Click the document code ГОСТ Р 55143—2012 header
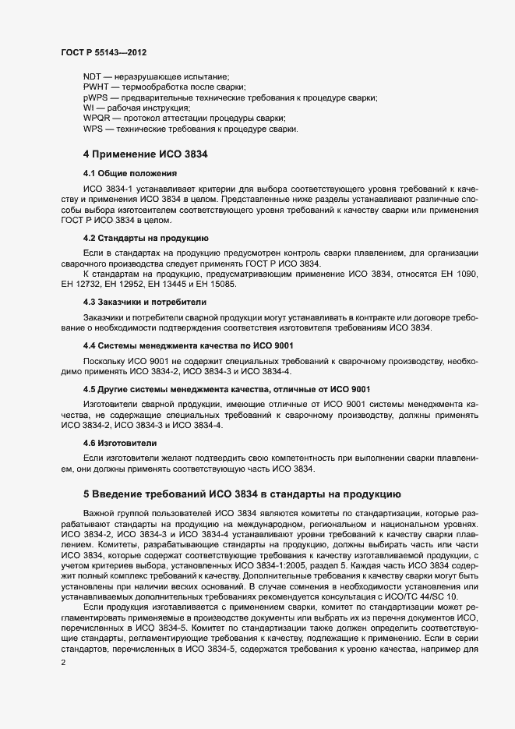click(104, 51)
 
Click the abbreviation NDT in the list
click(92, 76)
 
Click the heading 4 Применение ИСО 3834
click(144, 154)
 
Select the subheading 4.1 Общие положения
click(130, 173)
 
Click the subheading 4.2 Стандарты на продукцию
click(145, 237)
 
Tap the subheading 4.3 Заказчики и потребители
click(145, 301)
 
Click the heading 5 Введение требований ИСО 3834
click(242, 494)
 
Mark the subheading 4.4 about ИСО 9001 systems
click(188, 345)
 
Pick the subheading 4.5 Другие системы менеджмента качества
click(226, 388)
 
